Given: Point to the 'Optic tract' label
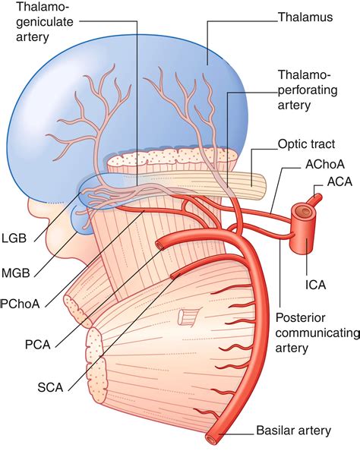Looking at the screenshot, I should click(305, 142).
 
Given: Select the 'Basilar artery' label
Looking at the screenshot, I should click(293, 430).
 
